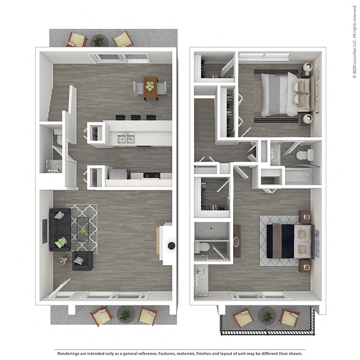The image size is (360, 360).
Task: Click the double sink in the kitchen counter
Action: pos(126,139)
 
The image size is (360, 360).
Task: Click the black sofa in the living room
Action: pos(59,229)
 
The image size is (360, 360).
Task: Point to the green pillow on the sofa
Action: pos(61,243)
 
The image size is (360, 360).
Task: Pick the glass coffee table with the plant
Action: pos(83,228)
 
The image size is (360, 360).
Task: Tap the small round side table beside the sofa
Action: pos(62,261)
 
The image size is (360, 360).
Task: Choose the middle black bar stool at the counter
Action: pos(135,117)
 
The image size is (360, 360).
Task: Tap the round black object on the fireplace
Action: pos(171,246)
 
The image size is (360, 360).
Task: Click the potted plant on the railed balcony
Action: pos(267,317)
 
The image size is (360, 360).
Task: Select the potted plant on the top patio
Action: pos(99,40)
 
